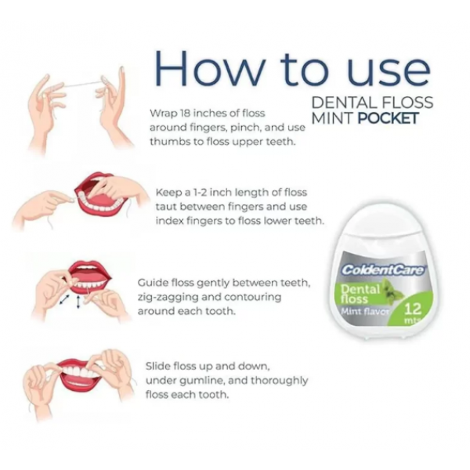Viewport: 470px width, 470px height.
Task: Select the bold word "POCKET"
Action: click(389, 118)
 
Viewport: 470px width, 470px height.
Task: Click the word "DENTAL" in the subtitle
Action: click(344, 103)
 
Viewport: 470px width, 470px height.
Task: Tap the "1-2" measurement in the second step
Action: click(199, 192)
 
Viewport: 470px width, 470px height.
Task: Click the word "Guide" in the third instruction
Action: click(152, 282)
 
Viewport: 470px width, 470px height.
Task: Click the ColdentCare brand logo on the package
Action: click(383, 270)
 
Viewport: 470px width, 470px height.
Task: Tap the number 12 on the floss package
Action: click(413, 309)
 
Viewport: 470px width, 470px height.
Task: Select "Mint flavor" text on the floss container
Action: click(365, 312)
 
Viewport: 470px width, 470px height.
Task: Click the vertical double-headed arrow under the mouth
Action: click(78, 302)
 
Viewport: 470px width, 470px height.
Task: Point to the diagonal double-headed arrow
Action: click(64, 300)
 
